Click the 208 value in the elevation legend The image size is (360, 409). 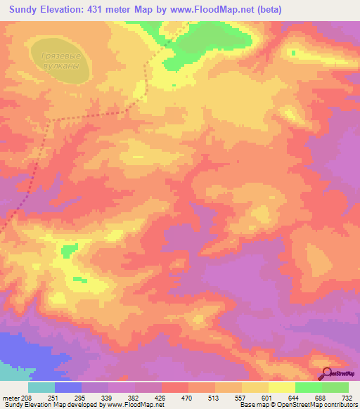(x=26, y=398)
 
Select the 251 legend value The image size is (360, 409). (x=55, y=398)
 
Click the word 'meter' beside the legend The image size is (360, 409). (x=10, y=398)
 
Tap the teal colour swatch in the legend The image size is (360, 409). (x=41, y=387)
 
